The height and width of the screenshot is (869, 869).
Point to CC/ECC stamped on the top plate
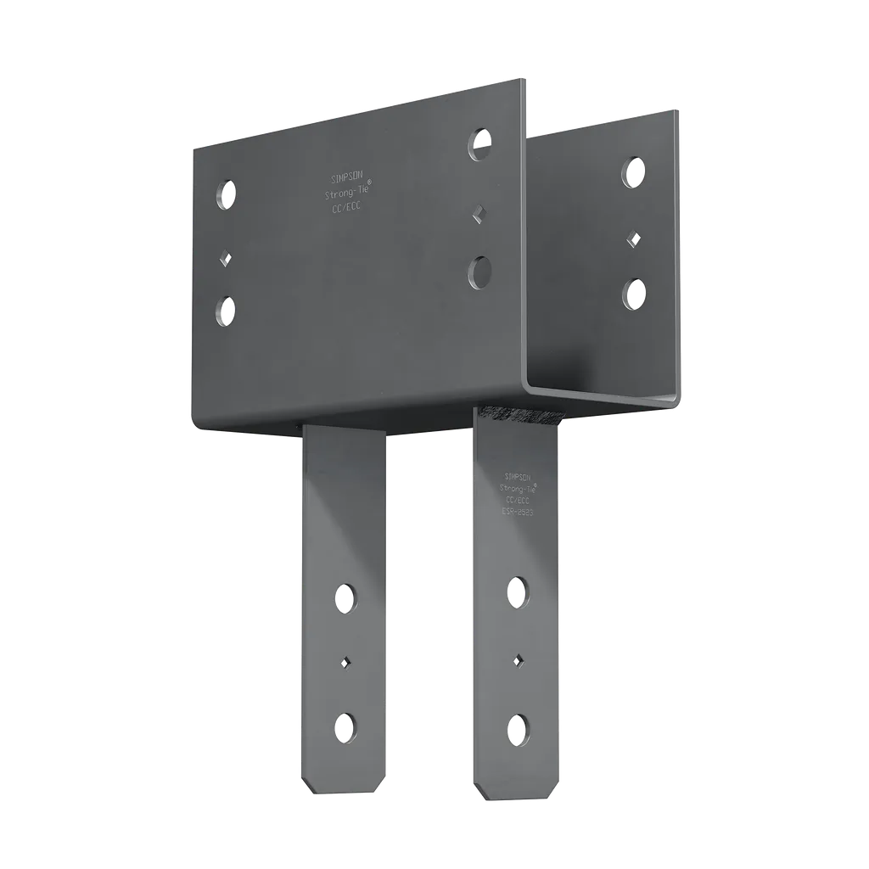tap(345, 208)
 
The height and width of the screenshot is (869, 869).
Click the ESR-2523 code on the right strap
tap(518, 514)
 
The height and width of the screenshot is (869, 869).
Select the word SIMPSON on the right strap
tap(518, 476)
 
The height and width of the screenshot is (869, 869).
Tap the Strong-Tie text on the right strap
tap(518, 489)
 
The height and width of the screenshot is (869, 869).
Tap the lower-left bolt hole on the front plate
tap(226, 311)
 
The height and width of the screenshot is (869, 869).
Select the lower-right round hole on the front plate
tap(479, 272)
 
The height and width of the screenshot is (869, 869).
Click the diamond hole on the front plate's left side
tap(226, 256)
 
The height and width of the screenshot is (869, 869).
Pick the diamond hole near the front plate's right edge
tap(480, 210)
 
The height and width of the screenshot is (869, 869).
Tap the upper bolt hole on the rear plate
tap(633, 172)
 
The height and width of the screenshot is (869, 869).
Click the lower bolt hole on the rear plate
tap(633, 294)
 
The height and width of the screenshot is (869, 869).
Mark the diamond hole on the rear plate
tap(633, 238)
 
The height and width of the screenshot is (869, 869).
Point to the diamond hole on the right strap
tap(517, 659)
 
